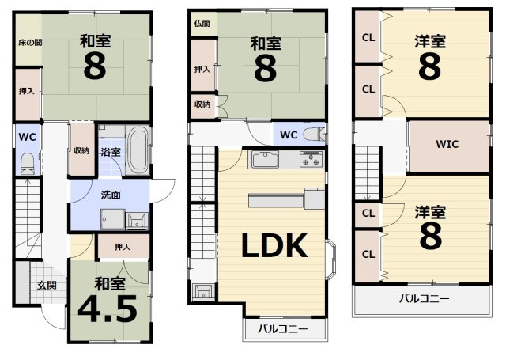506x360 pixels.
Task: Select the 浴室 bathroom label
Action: [x=110, y=151]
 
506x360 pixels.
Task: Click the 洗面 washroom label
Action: [x=111, y=195]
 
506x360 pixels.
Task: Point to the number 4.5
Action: [x=109, y=307]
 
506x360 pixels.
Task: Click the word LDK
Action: [x=273, y=247]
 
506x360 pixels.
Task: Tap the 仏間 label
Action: [x=201, y=24]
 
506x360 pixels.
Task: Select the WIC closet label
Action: [x=447, y=144]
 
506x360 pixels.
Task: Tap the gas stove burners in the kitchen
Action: [x=310, y=160]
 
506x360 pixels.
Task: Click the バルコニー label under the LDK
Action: [x=284, y=330]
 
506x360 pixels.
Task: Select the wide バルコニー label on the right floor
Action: [x=422, y=299]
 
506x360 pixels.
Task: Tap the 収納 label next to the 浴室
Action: [x=81, y=151]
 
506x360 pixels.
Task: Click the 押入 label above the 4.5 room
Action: [x=122, y=248]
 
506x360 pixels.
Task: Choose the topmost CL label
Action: [x=368, y=36]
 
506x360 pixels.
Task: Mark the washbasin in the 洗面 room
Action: [x=136, y=219]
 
